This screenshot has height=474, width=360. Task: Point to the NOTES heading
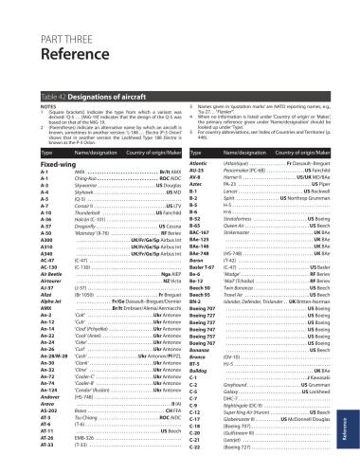pos(26,106)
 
